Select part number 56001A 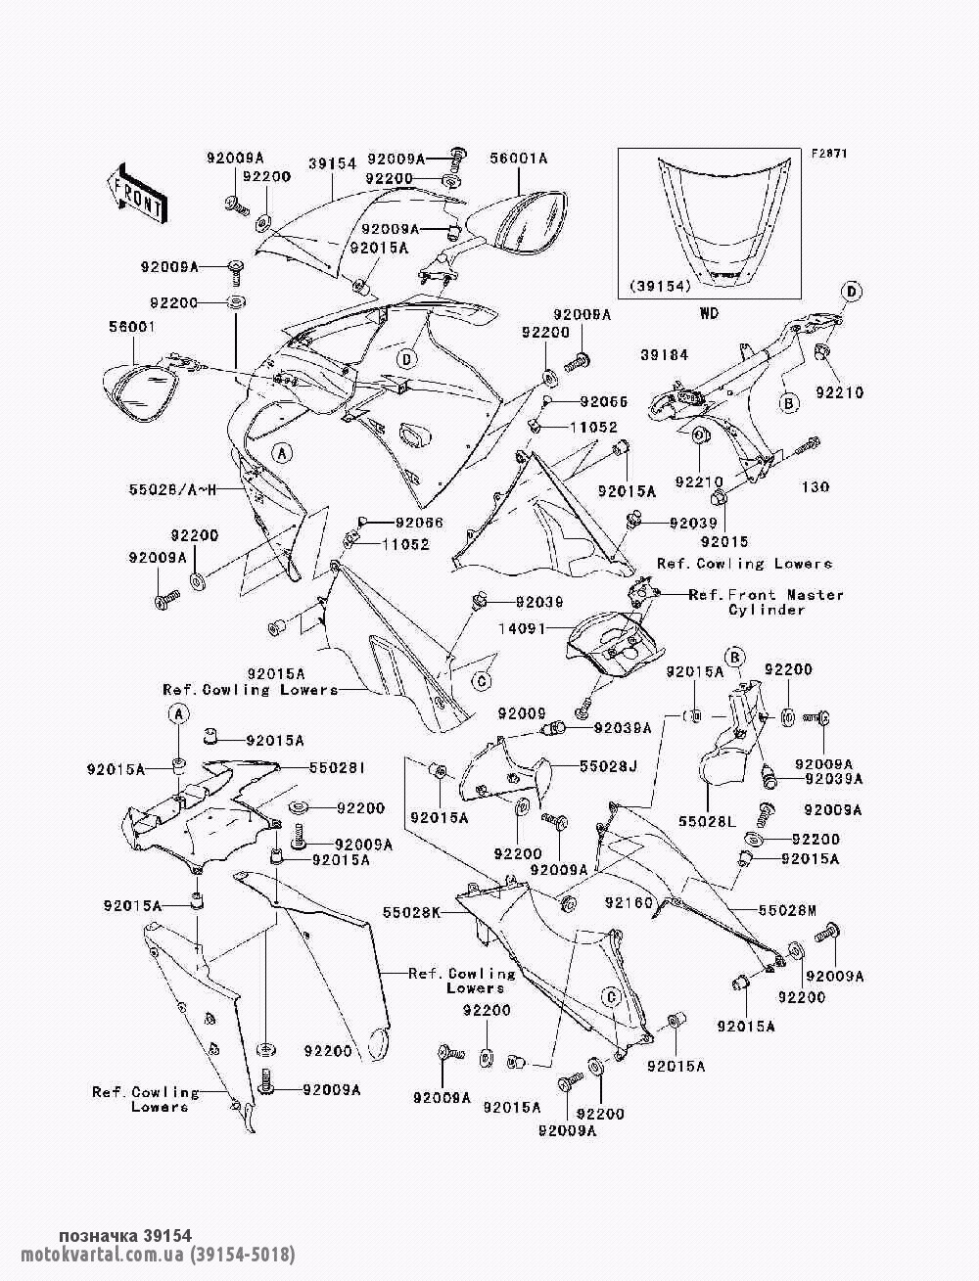coord(519,158)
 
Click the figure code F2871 coord(827,154)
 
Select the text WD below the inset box coord(708,314)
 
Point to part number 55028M coord(786,910)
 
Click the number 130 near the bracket coord(816,487)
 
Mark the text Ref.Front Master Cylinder coord(766,602)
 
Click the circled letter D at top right coord(851,291)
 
